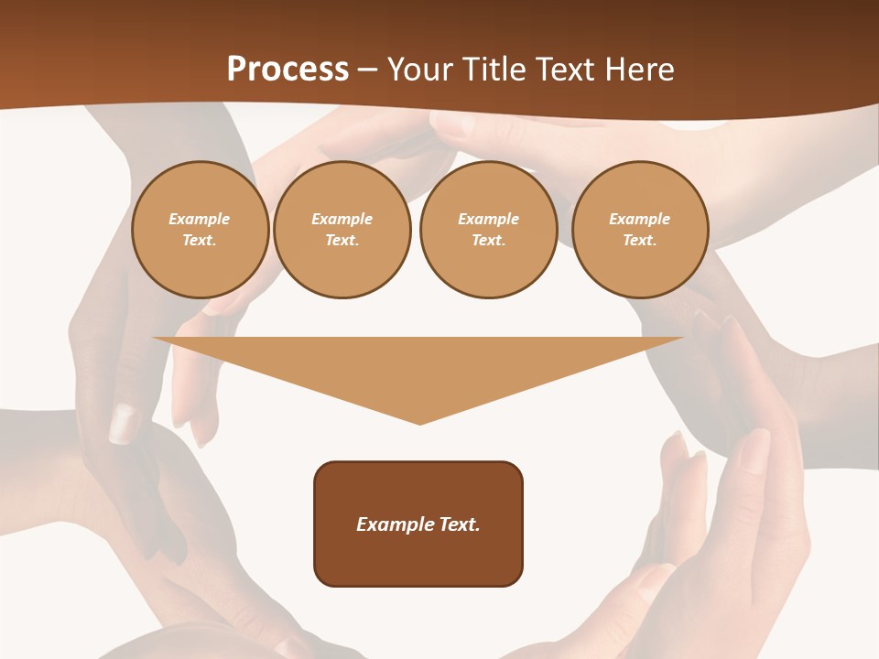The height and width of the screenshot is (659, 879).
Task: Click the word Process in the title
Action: point(288,69)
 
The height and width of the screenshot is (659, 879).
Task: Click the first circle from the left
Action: point(201,230)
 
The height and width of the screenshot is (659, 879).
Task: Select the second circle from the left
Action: point(342,230)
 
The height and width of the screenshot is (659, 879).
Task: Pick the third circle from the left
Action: point(489,230)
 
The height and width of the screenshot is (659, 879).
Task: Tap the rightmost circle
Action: point(640,230)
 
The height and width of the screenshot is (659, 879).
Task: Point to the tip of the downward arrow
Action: point(419,423)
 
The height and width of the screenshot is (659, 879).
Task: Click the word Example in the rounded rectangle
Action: point(392,524)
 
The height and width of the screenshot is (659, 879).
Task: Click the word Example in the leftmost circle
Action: point(200,220)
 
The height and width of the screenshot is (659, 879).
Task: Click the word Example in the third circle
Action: point(488,220)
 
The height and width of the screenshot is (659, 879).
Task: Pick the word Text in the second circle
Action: point(341,241)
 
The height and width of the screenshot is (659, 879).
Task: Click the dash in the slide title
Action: point(368,70)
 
